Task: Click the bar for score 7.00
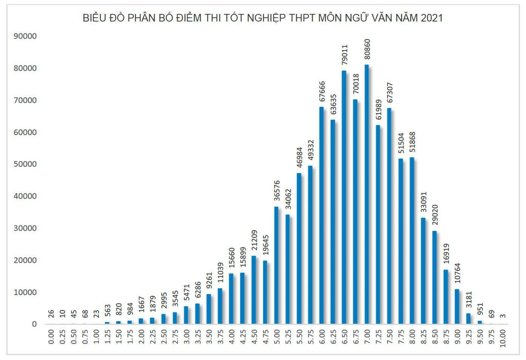point(367,194)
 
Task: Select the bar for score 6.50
point(344,197)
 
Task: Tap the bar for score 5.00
point(276,265)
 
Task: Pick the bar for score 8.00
point(412,241)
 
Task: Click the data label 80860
point(367,49)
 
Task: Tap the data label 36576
point(277,191)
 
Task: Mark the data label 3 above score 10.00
point(503,316)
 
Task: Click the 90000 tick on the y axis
point(25,36)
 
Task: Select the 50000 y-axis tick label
point(25,164)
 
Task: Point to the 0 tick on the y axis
point(34,324)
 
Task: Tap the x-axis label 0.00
point(51,337)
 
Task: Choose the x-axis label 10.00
point(503,338)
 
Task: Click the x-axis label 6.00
point(322,337)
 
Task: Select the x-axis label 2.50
point(164,337)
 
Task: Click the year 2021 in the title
point(432,18)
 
